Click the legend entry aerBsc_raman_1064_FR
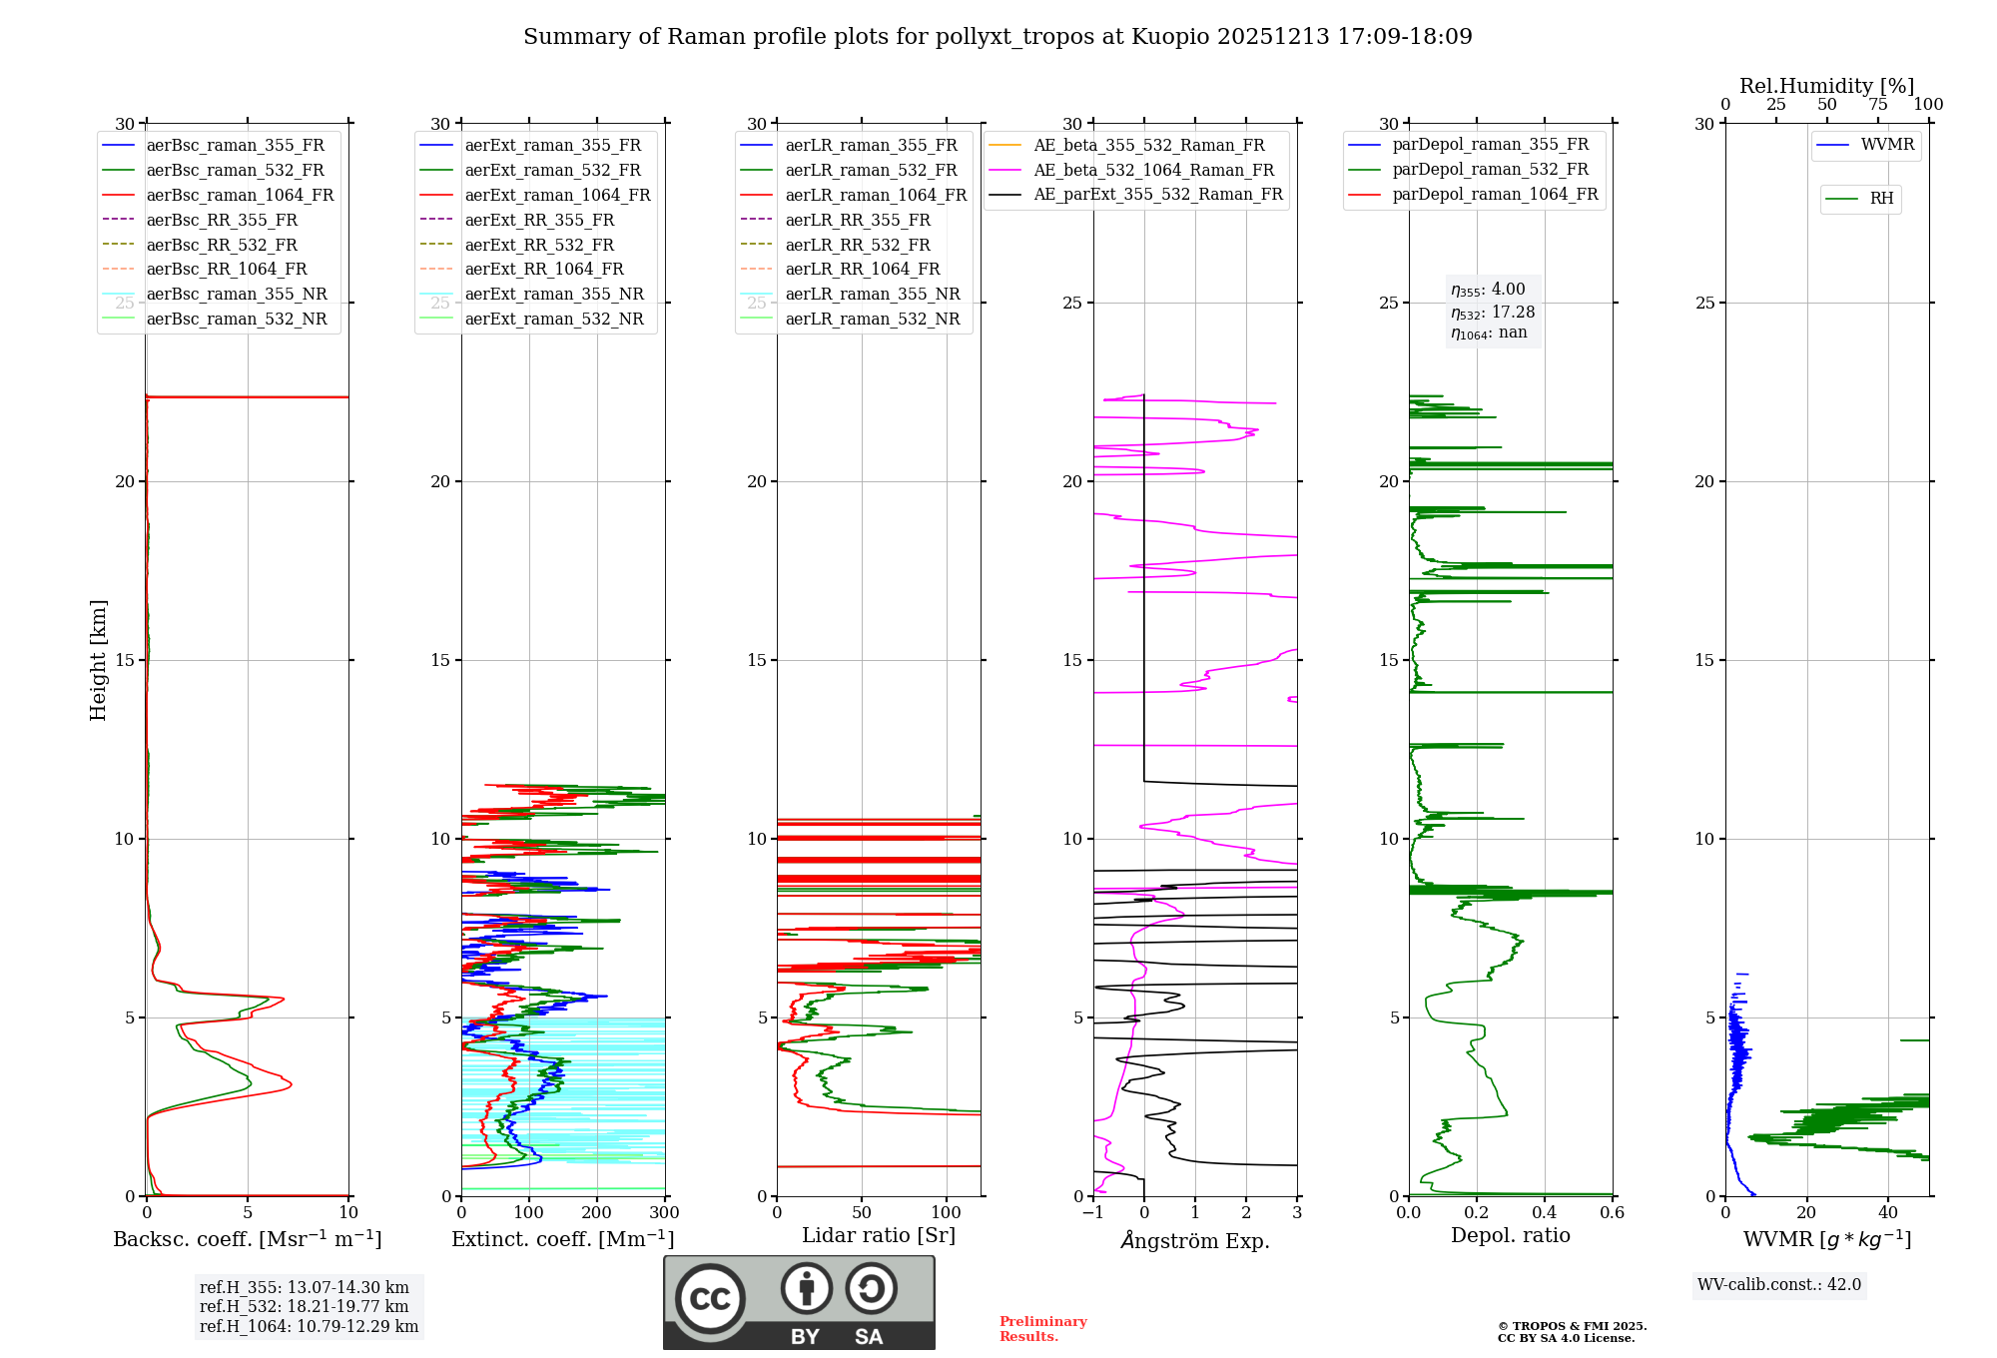(x=240, y=195)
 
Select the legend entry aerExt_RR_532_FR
(x=539, y=245)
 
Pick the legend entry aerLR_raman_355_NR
(x=872, y=294)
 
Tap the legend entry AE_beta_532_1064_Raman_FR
(x=1153, y=170)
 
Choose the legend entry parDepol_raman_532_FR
(x=1490, y=169)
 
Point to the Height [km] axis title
(x=98, y=659)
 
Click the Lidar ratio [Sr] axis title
(x=879, y=1235)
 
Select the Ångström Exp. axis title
(x=1195, y=1240)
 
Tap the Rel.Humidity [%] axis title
(x=1826, y=86)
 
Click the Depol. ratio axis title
(x=1510, y=1235)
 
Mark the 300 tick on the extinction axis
(x=665, y=1213)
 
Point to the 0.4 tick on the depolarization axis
(x=1545, y=1213)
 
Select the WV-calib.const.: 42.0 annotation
(x=1779, y=1284)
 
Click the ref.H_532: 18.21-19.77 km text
(x=304, y=1306)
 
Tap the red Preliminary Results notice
(x=1042, y=1329)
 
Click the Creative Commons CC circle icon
(x=710, y=1299)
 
